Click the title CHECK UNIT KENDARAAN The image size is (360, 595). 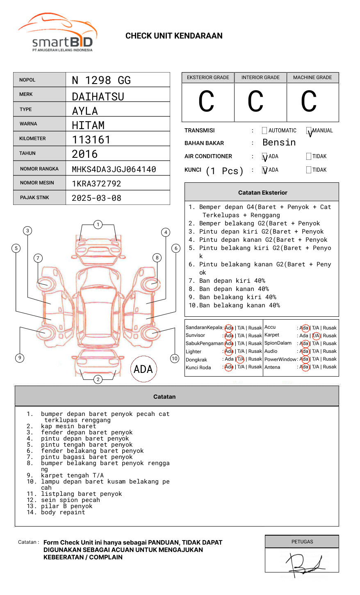click(174, 36)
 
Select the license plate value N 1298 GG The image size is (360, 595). click(101, 80)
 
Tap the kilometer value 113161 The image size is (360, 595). click(91, 140)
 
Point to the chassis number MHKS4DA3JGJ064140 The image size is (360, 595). click(114, 169)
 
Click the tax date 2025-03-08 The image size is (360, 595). click(96, 198)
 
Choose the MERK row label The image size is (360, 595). click(26, 94)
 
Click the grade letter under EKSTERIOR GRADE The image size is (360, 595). click(207, 102)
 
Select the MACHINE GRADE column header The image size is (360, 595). click(312, 77)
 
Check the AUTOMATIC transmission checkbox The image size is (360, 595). click(264, 131)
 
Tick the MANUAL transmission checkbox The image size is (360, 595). click(309, 131)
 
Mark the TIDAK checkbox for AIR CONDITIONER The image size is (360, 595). click(309, 156)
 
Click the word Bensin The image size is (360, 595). click(279, 143)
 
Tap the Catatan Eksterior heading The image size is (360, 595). click(262, 193)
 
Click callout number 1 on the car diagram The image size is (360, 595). click(98, 224)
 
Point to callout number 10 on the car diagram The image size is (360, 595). click(175, 359)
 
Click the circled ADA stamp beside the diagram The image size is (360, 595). click(143, 369)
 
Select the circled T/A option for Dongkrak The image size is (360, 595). click(240, 359)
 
